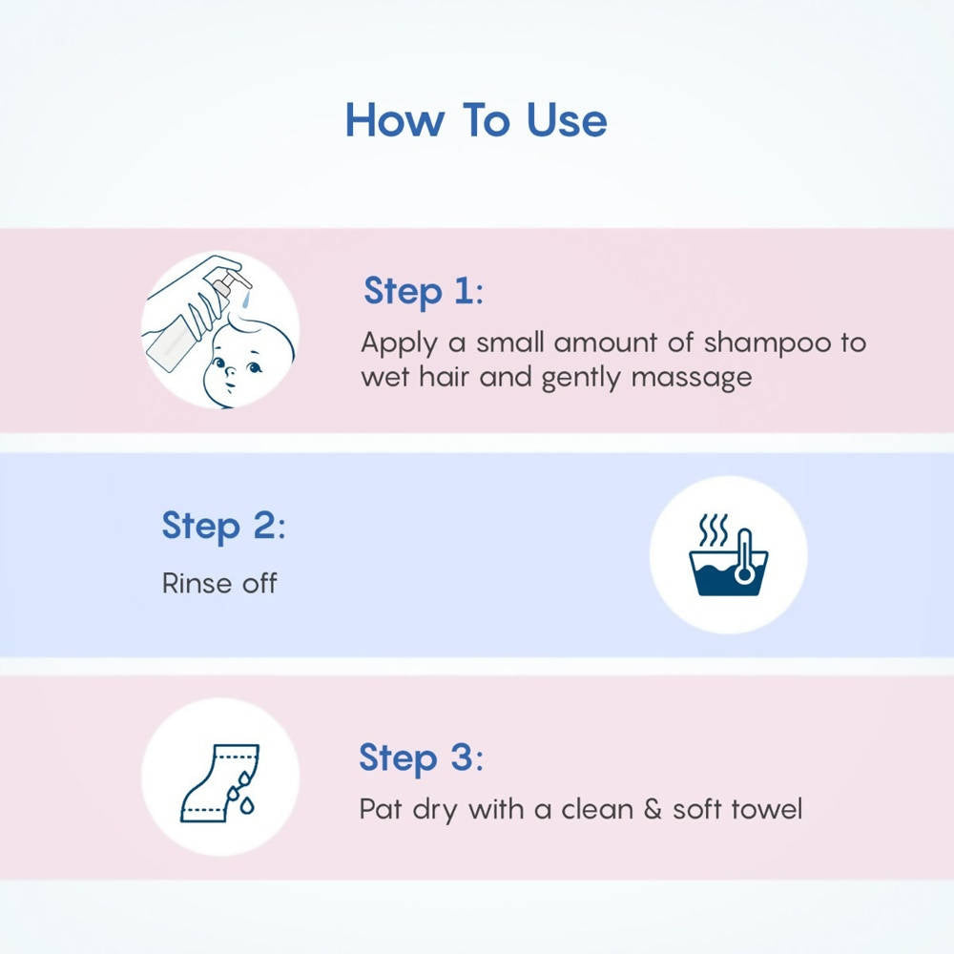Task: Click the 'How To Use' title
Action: [476, 121]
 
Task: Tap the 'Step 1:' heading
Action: [423, 291]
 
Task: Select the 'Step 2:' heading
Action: [223, 526]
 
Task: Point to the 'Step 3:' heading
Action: [421, 758]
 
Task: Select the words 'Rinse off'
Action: [219, 583]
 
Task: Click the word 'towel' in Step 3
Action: [767, 810]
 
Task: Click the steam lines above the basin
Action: [713, 529]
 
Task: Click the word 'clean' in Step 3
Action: [596, 810]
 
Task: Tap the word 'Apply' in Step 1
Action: [397, 343]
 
